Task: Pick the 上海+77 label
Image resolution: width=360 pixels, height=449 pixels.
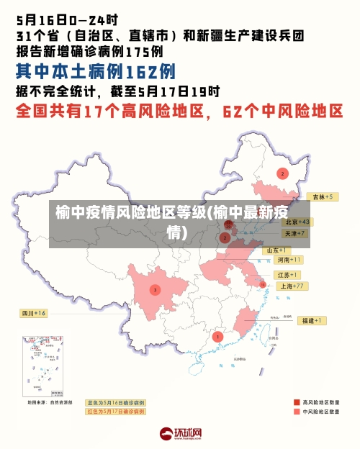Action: (293, 286)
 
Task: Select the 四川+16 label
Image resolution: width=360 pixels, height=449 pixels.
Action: (33, 314)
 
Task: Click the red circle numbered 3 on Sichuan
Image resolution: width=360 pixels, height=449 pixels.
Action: (155, 290)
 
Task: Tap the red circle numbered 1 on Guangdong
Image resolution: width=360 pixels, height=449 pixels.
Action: (217, 336)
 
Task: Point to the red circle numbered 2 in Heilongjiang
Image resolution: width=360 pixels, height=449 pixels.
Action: (282, 173)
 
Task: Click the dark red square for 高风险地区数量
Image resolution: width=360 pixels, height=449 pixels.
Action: (297, 402)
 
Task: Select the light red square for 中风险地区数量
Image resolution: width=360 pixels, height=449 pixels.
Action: (297, 412)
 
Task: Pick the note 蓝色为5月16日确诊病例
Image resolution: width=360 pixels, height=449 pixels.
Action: (115, 403)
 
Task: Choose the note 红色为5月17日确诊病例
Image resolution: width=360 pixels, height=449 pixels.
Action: (115, 412)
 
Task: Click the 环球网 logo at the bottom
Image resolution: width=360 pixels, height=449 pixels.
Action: (180, 435)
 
